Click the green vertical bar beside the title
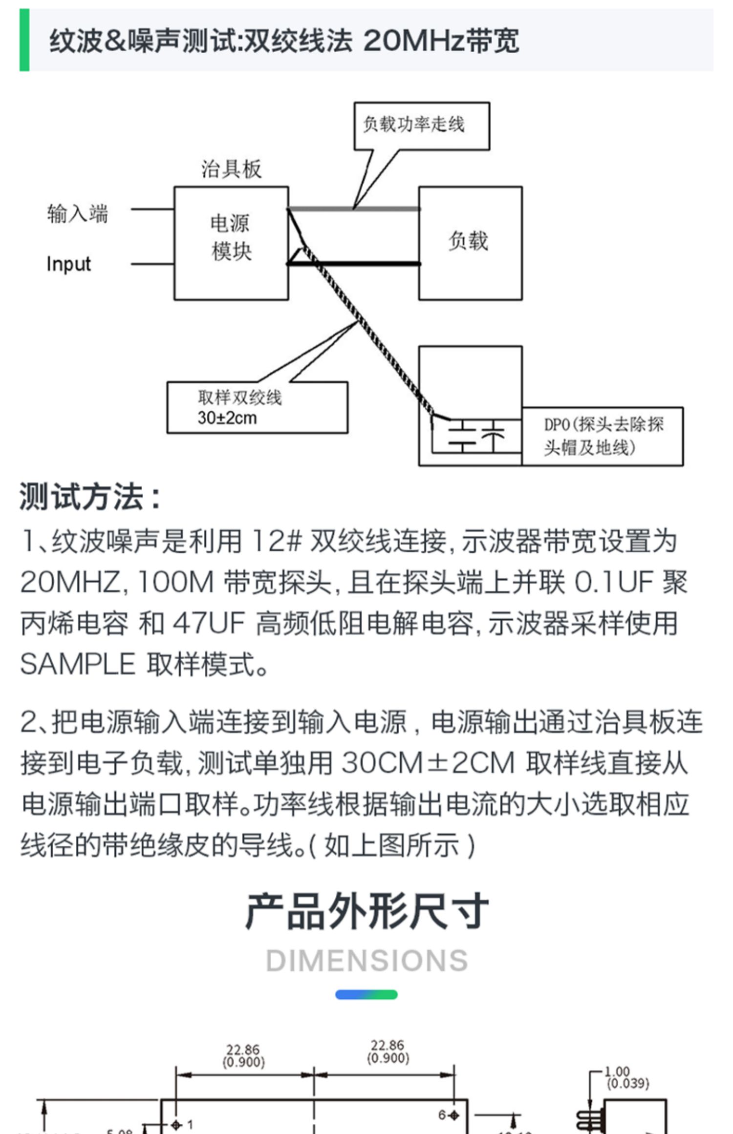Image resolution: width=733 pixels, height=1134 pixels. click(24, 40)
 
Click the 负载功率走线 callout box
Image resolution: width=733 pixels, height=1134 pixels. click(421, 125)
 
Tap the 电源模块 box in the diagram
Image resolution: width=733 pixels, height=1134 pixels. click(231, 243)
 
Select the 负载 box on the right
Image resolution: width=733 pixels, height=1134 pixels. click(470, 243)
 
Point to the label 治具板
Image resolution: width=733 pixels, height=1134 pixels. click(232, 169)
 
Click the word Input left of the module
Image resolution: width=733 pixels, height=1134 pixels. click(68, 264)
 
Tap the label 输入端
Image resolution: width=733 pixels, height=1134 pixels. click(77, 214)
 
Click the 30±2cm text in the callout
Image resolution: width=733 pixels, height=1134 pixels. click(227, 418)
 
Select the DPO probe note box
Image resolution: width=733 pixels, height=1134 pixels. click(603, 436)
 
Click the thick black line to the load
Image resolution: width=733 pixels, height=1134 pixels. click(354, 264)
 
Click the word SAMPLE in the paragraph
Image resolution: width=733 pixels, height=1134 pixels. click(78, 664)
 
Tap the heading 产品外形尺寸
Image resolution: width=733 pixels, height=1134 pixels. click(366, 911)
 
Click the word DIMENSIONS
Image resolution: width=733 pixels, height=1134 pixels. click(366, 961)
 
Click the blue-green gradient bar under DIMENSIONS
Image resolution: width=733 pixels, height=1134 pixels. click(366, 994)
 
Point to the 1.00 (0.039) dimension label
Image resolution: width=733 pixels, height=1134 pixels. click(626, 1078)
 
